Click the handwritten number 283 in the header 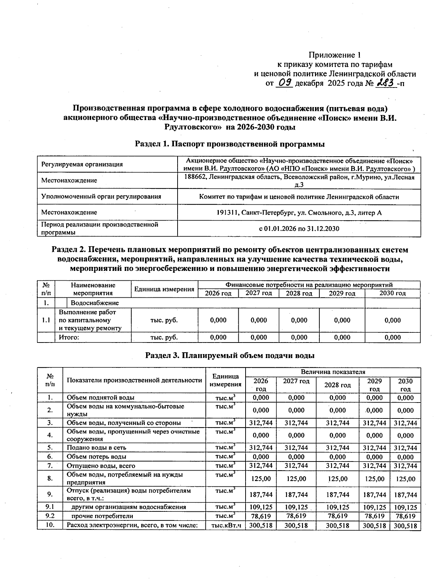coord(386,83)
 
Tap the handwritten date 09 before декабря coord(284,83)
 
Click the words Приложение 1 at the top coord(335,55)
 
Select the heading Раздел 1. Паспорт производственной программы coord(230,144)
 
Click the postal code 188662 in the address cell coord(195,177)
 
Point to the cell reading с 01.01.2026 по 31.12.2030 coord(299,229)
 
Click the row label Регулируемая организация coord(82,164)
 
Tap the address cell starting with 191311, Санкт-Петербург coord(299,213)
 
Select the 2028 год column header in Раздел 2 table coord(299,293)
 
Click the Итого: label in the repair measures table coord(69,337)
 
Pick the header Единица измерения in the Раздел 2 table coord(164,289)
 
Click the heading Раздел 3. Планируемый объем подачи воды coord(230,355)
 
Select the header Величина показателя coord(333,372)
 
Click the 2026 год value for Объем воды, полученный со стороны coord(260,423)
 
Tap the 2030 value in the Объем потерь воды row coord(405,457)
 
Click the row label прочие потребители coord(102,516)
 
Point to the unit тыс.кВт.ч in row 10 coord(226,525)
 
